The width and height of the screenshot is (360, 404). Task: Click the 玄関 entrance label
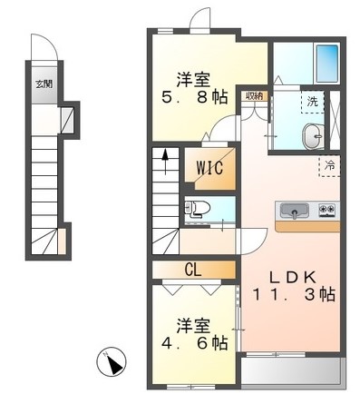coord(44,83)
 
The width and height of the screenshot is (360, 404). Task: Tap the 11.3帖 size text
coord(292,296)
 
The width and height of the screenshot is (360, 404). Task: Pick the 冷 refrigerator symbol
coord(330,166)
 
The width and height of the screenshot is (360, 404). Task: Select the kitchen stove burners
coord(326,211)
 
